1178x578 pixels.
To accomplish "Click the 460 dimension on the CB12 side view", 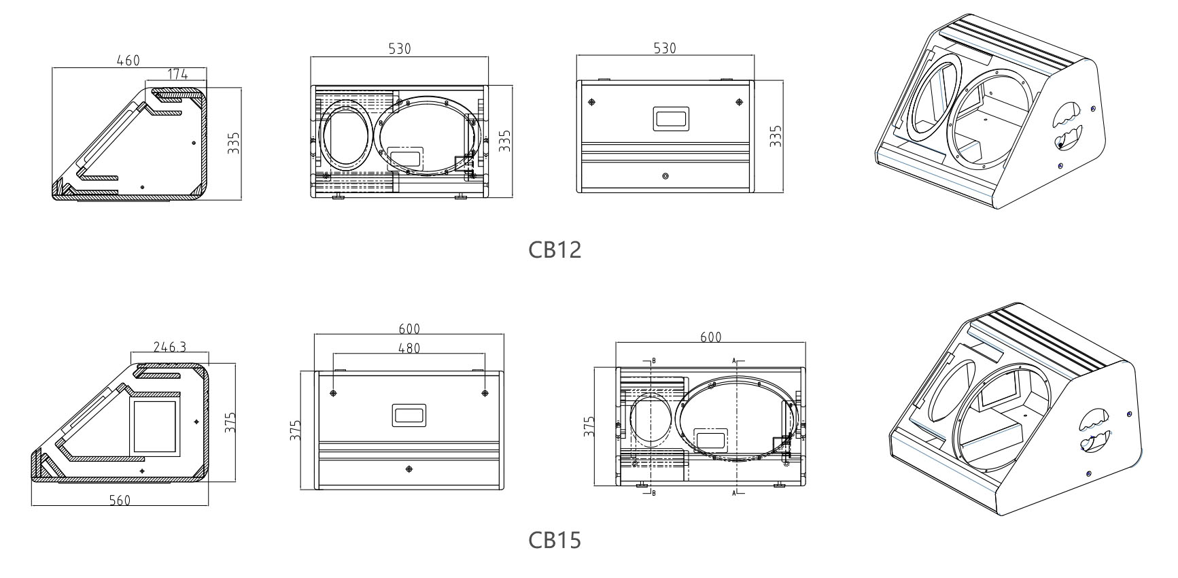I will [x=127, y=60].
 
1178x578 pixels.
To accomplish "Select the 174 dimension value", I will [x=177, y=75].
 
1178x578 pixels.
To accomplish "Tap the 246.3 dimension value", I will [x=169, y=347].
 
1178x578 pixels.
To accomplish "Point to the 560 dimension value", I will [x=120, y=500].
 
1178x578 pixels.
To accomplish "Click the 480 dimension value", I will [x=409, y=348].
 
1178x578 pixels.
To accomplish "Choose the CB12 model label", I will [x=555, y=250].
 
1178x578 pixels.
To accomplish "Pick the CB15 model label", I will [x=555, y=540].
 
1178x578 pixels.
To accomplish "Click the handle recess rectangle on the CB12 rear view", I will [x=671, y=118].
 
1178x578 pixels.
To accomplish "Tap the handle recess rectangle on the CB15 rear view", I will [x=409, y=415].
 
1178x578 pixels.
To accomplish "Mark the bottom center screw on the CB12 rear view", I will [x=665, y=176].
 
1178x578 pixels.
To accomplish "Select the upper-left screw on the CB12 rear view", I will [x=591, y=102].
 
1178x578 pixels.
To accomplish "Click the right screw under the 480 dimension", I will [x=485, y=393].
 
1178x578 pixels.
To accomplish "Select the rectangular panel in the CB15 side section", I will [x=154, y=428].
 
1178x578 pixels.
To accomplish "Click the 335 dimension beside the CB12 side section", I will [x=234, y=143].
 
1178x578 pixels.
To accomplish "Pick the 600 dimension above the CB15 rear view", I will [x=409, y=328].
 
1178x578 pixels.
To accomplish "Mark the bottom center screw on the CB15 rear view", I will [x=409, y=470].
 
